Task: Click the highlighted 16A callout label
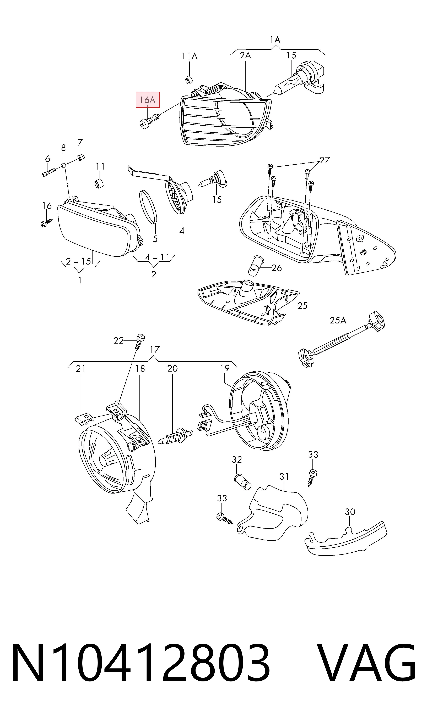tap(148, 100)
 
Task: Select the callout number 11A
tap(190, 56)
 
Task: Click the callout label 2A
tap(245, 55)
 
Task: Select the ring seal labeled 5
tap(148, 207)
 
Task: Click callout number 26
tap(277, 268)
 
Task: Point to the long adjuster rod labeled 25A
tap(341, 340)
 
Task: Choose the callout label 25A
tap(338, 320)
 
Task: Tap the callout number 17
tap(154, 350)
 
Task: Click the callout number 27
tap(325, 160)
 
